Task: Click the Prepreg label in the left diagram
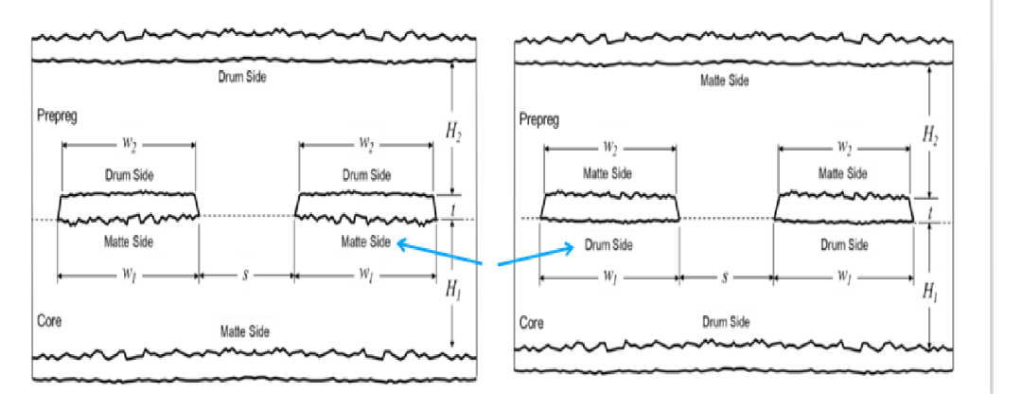tap(58, 116)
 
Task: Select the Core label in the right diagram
tap(532, 323)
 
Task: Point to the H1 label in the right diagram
tap(929, 292)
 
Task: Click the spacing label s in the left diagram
tap(246, 276)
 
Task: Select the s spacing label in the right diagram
tap(725, 277)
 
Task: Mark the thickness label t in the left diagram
tap(451, 207)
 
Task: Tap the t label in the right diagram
tap(929, 211)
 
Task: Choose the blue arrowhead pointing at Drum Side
tap(568, 247)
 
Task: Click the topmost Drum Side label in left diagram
tap(242, 77)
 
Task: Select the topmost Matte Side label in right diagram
tap(724, 80)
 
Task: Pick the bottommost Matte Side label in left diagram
tap(244, 331)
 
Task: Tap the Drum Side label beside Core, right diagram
tap(726, 322)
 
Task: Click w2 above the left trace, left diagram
tap(129, 144)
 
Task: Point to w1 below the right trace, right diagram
tap(843, 277)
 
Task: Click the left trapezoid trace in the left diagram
tap(128, 208)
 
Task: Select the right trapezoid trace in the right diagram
tap(843, 206)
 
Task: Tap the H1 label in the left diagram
tap(453, 289)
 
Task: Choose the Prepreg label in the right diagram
tap(539, 120)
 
